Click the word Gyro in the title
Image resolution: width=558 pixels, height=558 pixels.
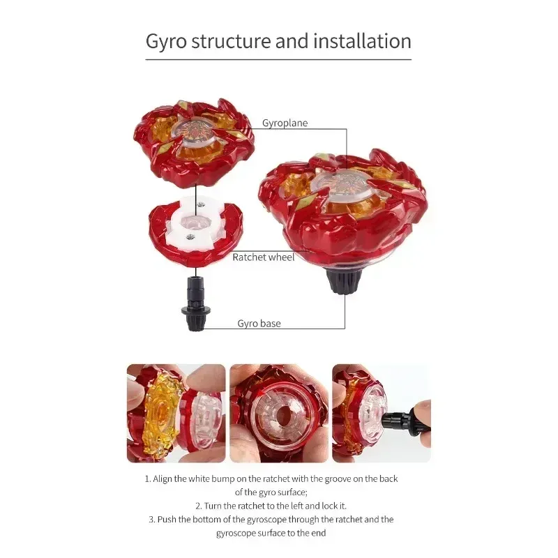[x=166, y=41]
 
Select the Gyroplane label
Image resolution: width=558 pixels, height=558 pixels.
[x=285, y=123]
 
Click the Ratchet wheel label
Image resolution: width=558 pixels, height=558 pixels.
[x=264, y=257]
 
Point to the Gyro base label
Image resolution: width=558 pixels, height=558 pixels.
[x=259, y=323]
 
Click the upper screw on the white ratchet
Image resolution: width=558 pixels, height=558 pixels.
[x=201, y=204]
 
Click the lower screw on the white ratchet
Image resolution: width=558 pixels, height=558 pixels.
[x=190, y=236]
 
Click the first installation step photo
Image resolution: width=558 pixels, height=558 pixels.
[x=176, y=413]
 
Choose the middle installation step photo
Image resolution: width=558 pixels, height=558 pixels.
[x=279, y=413]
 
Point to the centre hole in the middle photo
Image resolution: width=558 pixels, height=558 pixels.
[x=282, y=414]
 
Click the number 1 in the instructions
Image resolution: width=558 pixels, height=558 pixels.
[x=147, y=479]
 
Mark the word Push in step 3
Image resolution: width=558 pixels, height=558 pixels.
[x=167, y=520]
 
